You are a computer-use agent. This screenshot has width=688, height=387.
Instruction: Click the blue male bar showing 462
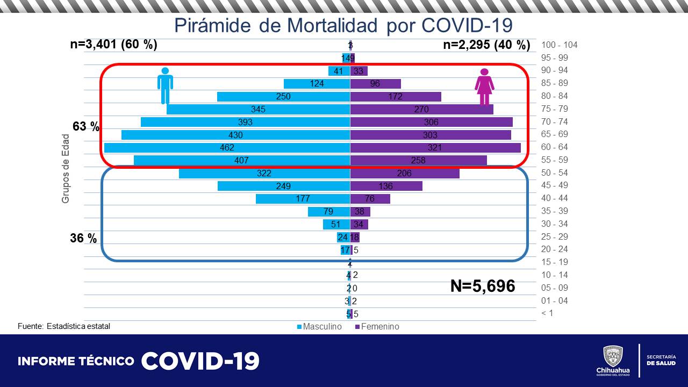tap(227, 147)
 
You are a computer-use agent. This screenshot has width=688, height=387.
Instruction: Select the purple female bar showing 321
tap(435, 147)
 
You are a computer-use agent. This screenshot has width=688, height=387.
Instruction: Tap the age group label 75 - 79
tap(555, 109)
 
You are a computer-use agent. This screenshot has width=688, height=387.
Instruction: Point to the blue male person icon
tap(165, 85)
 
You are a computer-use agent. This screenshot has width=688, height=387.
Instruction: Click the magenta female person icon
tap(484, 87)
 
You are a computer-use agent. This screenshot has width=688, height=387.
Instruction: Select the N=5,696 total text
tap(482, 286)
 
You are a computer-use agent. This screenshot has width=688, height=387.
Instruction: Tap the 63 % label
tap(87, 127)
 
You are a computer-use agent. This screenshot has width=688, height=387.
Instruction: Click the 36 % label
tap(83, 238)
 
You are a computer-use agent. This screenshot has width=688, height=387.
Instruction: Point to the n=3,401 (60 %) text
tap(113, 45)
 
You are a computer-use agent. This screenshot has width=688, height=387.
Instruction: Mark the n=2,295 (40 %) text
tap(486, 45)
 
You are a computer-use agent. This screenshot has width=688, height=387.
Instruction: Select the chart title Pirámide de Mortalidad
tap(343, 25)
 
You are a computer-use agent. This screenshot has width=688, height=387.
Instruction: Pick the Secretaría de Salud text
tap(661, 360)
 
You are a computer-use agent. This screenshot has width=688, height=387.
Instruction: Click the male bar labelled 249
tap(284, 186)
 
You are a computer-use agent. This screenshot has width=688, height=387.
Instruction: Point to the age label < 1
tap(547, 313)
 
